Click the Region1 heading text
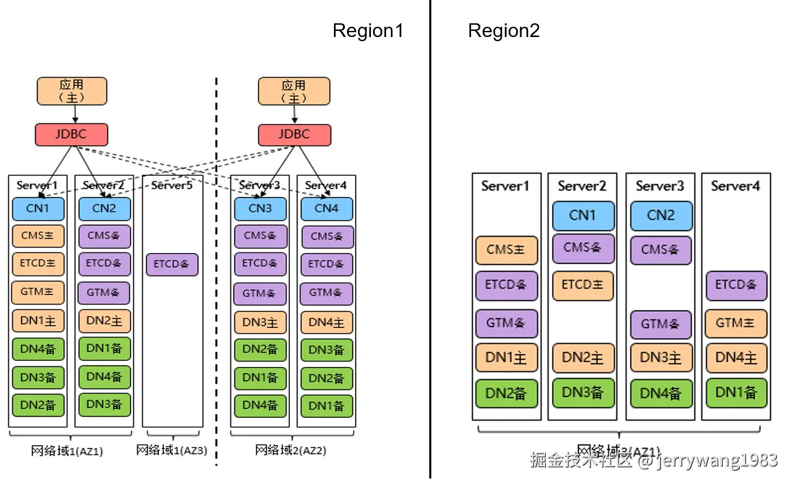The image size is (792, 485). click(x=368, y=31)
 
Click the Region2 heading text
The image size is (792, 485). click(x=503, y=31)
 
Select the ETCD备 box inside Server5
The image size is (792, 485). click(x=172, y=264)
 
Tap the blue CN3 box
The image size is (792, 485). click(x=260, y=209)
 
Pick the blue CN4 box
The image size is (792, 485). click(x=326, y=209)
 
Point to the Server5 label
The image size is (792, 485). click(x=172, y=185)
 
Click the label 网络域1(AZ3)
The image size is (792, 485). click(x=171, y=451)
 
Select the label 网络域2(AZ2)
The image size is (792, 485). click(x=291, y=451)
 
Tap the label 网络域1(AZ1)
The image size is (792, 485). click(x=67, y=451)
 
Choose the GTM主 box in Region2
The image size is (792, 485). click(x=736, y=322)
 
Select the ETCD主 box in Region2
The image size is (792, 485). click(x=582, y=285)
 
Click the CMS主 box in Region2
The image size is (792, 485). click(x=506, y=250)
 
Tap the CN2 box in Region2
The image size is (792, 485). click(x=660, y=215)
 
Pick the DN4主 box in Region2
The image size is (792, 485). click(x=736, y=358)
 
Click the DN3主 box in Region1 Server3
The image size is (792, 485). click(x=260, y=322)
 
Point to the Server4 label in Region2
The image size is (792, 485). click(x=735, y=186)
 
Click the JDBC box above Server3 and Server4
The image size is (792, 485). click(x=294, y=134)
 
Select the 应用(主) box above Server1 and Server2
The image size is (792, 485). click(x=71, y=91)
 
